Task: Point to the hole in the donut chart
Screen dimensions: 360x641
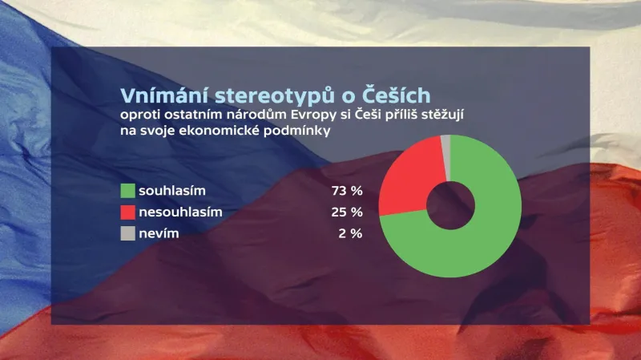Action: pyautogui.click(x=450, y=206)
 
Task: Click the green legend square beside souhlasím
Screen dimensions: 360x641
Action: pyautogui.click(x=127, y=191)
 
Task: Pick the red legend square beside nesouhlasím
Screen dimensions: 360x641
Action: pyautogui.click(x=127, y=212)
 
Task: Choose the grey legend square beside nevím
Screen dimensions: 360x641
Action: pyautogui.click(x=127, y=233)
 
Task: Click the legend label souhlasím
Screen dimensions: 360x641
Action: pyautogui.click(x=173, y=191)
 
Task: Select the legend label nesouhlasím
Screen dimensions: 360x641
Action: pyautogui.click(x=180, y=212)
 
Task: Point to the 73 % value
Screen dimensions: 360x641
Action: pyautogui.click(x=346, y=191)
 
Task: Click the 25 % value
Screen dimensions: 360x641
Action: pyautogui.click(x=346, y=212)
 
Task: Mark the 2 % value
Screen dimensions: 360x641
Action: pyautogui.click(x=350, y=233)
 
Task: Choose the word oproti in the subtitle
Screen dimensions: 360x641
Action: pyautogui.click(x=138, y=118)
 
